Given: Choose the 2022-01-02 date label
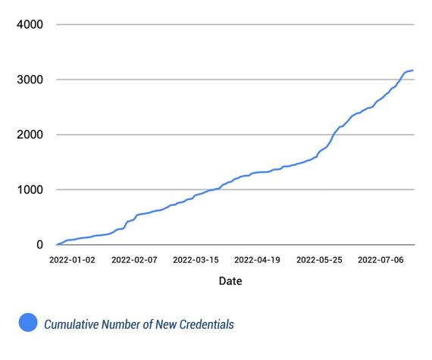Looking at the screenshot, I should (73, 259).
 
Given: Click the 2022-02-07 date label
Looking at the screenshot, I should (134, 259).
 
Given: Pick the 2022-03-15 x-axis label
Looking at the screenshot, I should (196, 259).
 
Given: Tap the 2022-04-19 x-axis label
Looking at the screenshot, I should (257, 259).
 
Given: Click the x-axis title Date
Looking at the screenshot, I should (230, 281).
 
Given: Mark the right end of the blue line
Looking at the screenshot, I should (412, 70).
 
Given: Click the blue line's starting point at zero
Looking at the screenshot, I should (57, 244).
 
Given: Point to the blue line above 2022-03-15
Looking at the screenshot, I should (196, 196).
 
